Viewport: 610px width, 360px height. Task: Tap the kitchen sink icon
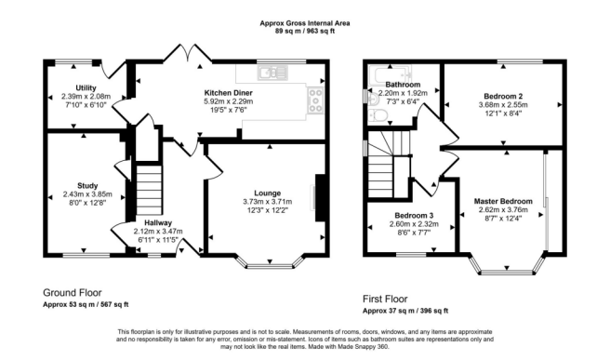[x=270, y=72]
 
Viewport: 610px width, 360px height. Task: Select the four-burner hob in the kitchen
[x=316, y=94]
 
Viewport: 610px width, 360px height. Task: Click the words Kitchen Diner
[x=229, y=93]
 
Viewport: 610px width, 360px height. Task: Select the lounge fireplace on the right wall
[x=319, y=198]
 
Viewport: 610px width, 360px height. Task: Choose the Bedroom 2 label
[x=503, y=96]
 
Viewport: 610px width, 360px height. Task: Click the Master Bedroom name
[x=503, y=201]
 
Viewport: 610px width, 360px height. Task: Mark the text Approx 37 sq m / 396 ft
[x=405, y=312]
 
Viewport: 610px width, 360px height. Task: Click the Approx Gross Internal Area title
[x=304, y=21]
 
